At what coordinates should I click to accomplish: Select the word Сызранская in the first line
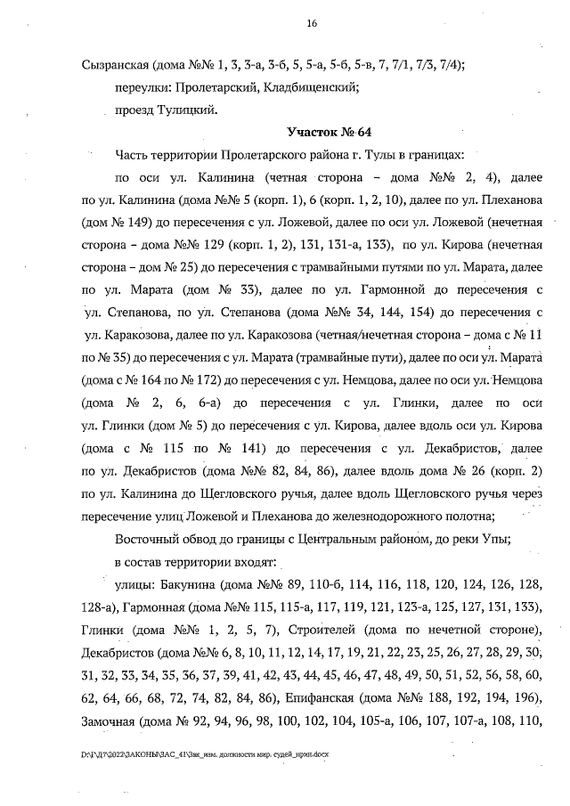point(115,64)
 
